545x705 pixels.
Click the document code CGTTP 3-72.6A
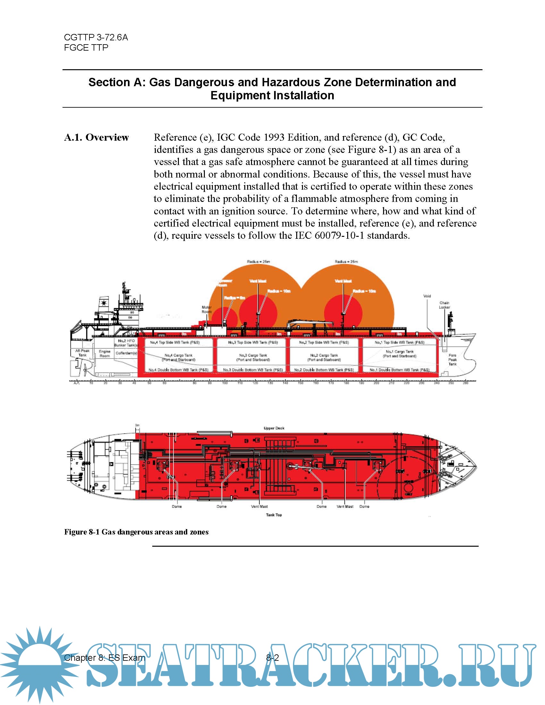96,37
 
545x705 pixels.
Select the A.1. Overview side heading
96,137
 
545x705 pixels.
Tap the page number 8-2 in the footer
272,658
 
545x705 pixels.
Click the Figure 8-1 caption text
136,532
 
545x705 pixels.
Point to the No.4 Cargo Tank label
178,357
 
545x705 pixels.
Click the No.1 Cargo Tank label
399,354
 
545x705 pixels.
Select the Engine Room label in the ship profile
105,353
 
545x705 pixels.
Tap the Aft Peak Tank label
82,353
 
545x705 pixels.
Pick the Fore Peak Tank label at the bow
452,360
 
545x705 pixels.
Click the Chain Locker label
444,305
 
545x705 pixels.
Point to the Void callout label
427,296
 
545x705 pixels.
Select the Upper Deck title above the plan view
274,428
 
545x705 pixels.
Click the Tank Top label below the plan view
274,515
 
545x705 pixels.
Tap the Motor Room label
206,310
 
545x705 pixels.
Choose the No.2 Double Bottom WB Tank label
324,370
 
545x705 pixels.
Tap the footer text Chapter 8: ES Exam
104,658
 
